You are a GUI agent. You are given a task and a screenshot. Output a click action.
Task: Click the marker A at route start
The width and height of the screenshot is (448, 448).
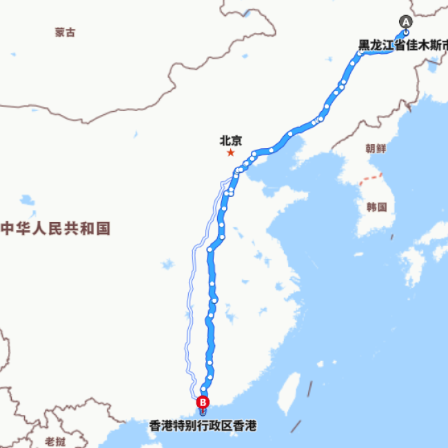coord(406,21)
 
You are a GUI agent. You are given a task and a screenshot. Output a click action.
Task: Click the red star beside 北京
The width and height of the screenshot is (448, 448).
coord(230,152)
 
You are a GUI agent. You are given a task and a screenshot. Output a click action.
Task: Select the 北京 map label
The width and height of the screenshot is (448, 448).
coord(231,140)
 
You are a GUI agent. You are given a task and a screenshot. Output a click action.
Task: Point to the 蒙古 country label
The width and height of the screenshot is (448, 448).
coord(65,32)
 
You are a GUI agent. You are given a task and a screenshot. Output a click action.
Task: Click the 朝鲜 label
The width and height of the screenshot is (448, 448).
coord(376,149)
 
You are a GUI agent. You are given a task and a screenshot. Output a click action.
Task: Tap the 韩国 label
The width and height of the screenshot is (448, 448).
coord(377,206)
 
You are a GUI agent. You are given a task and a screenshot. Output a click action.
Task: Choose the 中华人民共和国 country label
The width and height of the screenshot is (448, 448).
coord(55,229)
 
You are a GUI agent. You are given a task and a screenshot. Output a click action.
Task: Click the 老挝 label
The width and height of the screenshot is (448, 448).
coord(55,441)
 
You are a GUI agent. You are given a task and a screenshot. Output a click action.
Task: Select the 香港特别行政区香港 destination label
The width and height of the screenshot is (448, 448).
coord(203,426)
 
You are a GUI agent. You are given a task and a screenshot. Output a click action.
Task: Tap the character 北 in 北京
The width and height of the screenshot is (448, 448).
coord(225,140)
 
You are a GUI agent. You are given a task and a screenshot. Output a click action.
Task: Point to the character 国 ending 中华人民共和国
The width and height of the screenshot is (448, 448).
coord(103,229)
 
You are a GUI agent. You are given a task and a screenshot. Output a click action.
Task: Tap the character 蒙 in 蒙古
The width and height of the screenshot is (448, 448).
coord(60,32)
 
